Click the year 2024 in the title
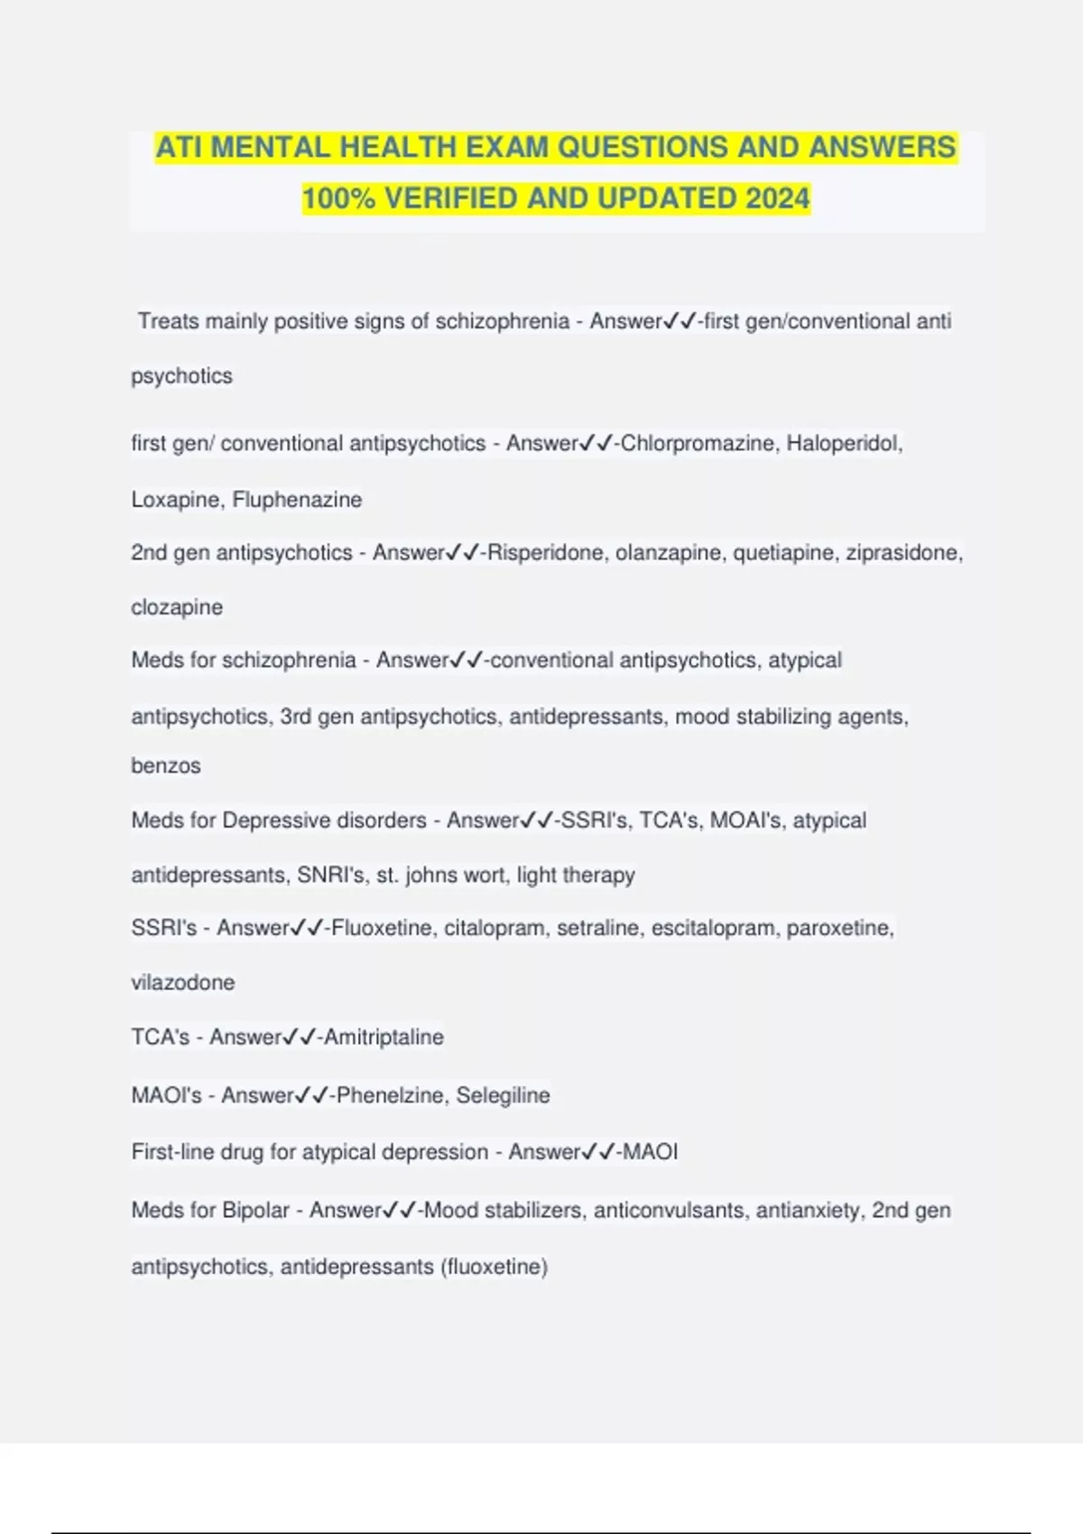pyautogui.click(x=778, y=198)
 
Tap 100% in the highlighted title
pyautogui.click(x=338, y=198)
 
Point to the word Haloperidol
pyautogui.click(x=844, y=443)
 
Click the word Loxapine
pyautogui.click(x=175, y=499)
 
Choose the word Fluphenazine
pyautogui.click(x=297, y=499)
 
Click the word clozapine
pyautogui.click(x=177, y=607)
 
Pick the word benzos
pyautogui.click(x=166, y=765)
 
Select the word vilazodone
pyautogui.click(x=183, y=982)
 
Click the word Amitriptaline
pyautogui.click(x=384, y=1037)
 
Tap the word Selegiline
pyautogui.click(x=503, y=1095)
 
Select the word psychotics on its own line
pyautogui.click(x=181, y=375)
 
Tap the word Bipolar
pyautogui.click(x=255, y=1210)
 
